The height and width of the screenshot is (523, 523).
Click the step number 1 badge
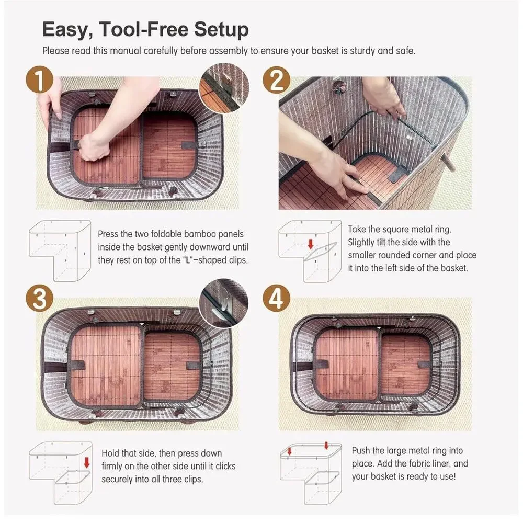[x=39, y=79]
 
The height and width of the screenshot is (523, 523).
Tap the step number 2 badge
[x=276, y=79]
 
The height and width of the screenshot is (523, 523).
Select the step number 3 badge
[x=39, y=298]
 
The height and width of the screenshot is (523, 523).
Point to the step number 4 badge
[x=276, y=298]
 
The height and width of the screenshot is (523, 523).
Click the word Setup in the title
[x=221, y=30]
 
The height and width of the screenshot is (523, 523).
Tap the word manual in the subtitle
[x=125, y=51]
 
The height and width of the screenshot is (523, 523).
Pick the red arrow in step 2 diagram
[x=311, y=244]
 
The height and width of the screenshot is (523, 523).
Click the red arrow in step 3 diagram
[x=87, y=463]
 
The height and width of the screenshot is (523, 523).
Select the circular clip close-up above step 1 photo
[x=224, y=88]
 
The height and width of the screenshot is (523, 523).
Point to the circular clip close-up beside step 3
[x=224, y=303]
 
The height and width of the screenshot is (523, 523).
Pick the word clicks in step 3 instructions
[x=225, y=466]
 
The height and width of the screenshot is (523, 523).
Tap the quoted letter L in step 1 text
[x=188, y=260]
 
